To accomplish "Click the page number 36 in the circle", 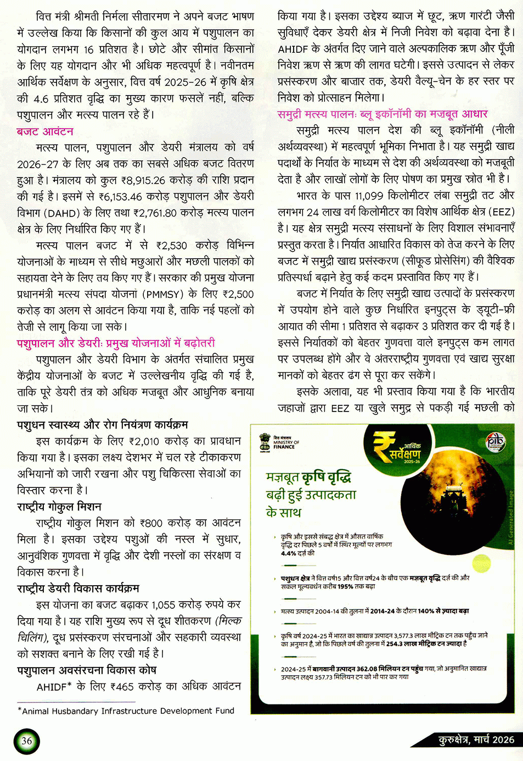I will tap(26, 741).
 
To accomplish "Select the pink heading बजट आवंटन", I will tap(45, 132).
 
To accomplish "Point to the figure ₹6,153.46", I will tap(120, 196).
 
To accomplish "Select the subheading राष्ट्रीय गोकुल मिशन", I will tap(59, 507).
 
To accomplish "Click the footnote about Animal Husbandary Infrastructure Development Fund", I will tap(126, 711).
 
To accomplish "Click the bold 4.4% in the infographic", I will tap(289, 553).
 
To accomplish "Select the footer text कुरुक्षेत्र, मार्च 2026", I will tap(476, 740).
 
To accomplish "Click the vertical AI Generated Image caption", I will tap(510, 516).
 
